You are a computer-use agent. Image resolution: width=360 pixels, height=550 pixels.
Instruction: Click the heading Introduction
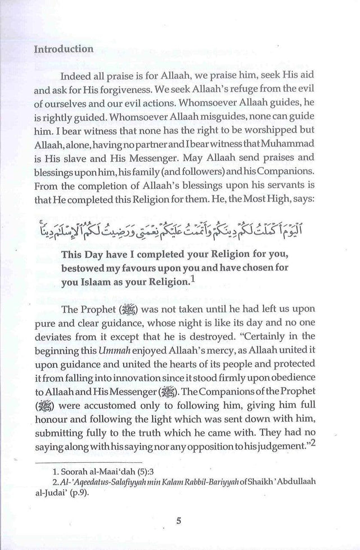[64, 49]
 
